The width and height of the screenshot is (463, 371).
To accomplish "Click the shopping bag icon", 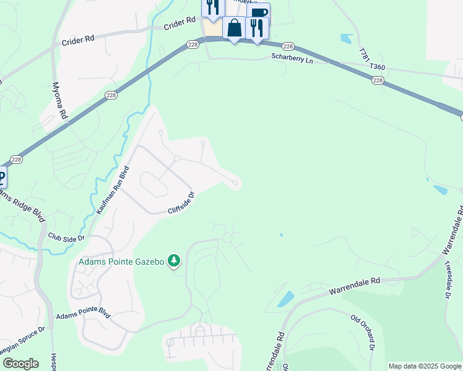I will coord(235,28).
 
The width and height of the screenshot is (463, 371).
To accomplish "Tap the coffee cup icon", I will coord(258,13).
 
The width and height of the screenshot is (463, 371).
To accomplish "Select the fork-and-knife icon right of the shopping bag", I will coord(256,28).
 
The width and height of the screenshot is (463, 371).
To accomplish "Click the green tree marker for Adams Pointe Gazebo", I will coord(174,262).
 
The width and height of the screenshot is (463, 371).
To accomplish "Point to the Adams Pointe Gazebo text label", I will coord(121,262).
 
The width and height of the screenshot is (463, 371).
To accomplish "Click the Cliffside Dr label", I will coord(181,203).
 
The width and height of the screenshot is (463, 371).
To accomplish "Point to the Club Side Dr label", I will coord(66,237).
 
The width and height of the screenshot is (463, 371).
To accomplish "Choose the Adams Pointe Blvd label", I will coord(83,315).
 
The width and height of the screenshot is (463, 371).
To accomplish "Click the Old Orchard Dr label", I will coord(363,335).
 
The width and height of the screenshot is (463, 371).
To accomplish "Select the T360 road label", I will coord(378,66).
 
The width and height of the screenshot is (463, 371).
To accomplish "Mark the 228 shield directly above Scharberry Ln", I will coord(288,46).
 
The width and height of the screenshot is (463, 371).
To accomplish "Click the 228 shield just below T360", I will coord(377,80).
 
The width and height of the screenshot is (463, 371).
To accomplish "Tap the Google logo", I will coord(20,364).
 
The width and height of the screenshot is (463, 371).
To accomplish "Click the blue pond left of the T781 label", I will coord(345,38).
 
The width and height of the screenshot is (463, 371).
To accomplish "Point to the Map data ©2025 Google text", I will coord(425,366).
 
